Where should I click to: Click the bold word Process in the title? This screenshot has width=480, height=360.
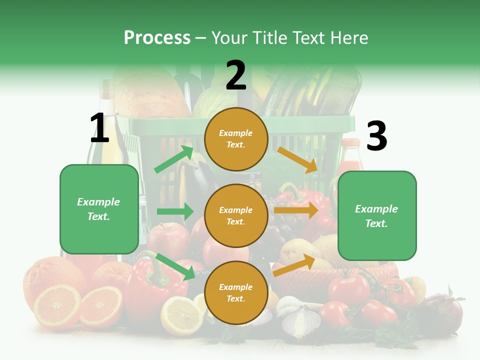(157, 38)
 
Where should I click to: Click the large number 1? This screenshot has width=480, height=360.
(99, 128)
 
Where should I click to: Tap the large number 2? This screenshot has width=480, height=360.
(236, 75)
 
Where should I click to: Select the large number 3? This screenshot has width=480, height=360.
(377, 136)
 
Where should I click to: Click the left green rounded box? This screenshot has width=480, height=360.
(99, 209)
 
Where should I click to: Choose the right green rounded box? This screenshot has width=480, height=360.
(377, 216)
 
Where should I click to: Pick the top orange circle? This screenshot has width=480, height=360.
(236, 139)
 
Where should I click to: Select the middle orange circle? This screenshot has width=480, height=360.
(236, 215)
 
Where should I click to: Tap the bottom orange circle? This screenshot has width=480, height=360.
(236, 292)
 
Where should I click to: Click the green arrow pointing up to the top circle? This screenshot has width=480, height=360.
(174, 159)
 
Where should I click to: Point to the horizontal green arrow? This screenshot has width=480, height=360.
(175, 211)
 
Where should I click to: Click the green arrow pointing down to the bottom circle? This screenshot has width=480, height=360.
(175, 266)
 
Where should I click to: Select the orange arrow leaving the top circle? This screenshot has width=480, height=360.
(297, 159)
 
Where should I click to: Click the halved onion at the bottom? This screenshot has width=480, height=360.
(301, 321)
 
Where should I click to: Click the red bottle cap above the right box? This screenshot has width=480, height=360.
(350, 143)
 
